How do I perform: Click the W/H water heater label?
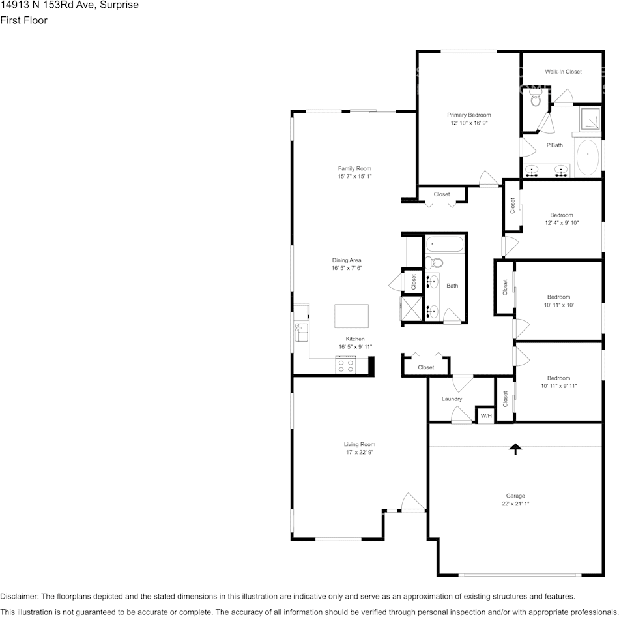[x=486, y=416]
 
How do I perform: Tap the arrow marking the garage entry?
[x=515, y=448]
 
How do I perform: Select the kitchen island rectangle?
[x=351, y=316]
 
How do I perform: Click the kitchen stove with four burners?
[x=345, y=365]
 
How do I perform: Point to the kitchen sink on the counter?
[x=300, y=332]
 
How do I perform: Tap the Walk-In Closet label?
[x=563, y=72]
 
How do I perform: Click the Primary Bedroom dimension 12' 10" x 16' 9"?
[x=468, y=123]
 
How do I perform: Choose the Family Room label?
[x=354, y=168]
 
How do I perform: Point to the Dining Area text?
[x=346, y=260]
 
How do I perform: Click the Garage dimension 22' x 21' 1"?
[x=515, y=504]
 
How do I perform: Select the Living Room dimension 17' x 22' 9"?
[x=359, y=452]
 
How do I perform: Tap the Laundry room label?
[x=452, y=399]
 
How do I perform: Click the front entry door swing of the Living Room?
[x=412, y=502]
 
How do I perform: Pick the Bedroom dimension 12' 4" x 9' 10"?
[x=561, y=222]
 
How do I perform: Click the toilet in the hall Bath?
[x=435, y=263]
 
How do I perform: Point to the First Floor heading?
[x=23, y=20]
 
